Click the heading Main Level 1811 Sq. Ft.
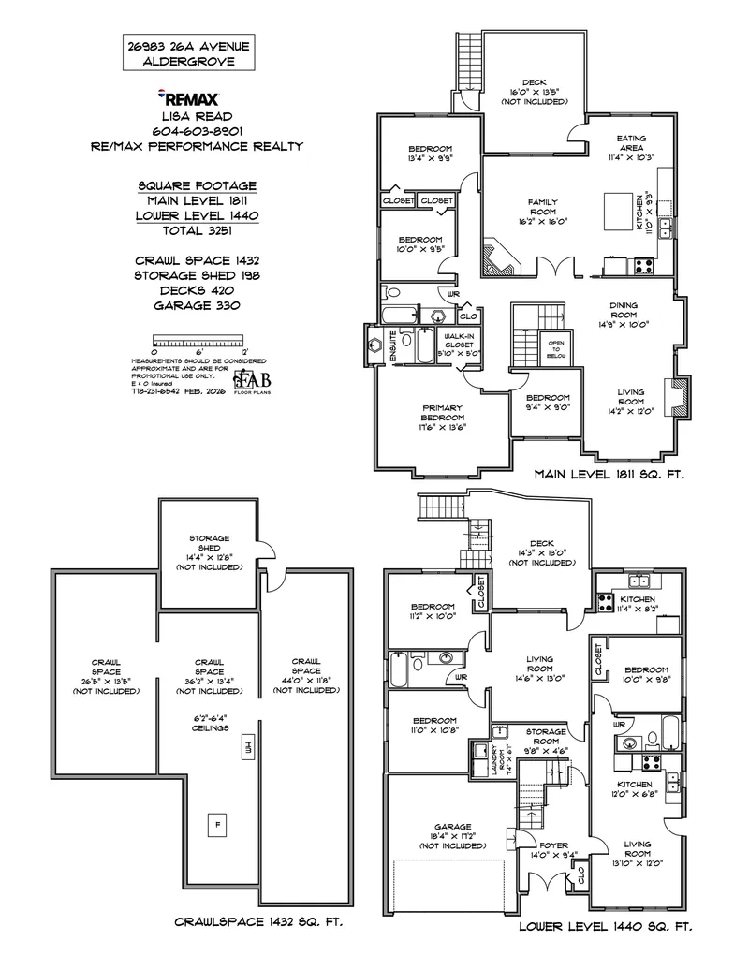coord(609,476)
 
